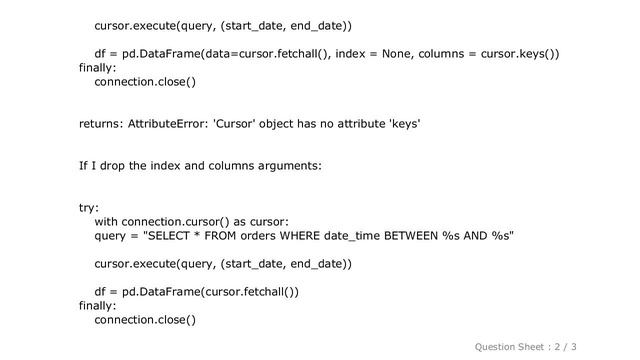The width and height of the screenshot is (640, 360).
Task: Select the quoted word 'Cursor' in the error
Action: (239, 124)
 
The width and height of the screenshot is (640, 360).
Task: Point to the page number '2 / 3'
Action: (592, 346)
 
